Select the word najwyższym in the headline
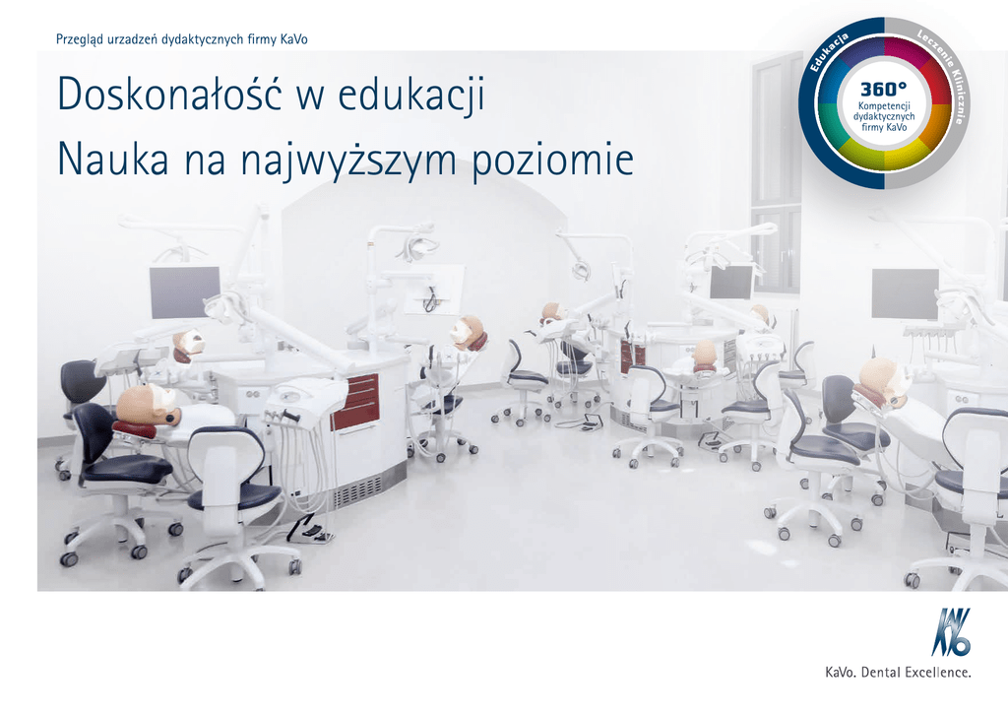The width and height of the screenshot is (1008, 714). [x=347, y=161]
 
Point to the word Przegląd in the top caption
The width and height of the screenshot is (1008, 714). [x=80, y=39]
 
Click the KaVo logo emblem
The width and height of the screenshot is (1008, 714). [x=952, y=632]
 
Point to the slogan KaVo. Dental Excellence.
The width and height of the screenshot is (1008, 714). [x=898, y=673]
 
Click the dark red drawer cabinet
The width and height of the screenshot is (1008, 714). [x=354, y=402]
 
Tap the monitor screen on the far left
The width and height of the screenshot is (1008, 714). [x=184, y=292]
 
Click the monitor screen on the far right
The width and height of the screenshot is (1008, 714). [x=906, y=293]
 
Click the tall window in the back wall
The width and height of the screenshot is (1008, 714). [x=777, y=173]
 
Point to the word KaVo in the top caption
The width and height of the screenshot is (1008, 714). [x=293, y=39]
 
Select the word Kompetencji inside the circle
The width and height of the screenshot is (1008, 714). [x=884, y=106]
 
